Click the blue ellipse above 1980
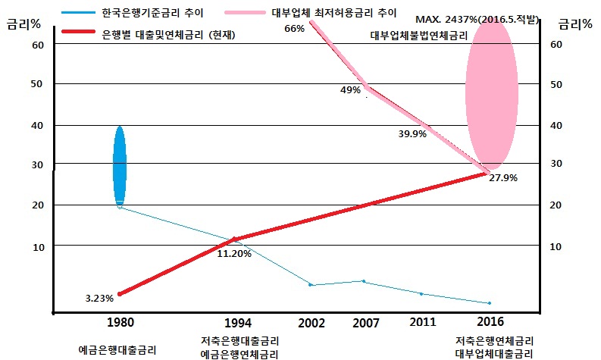(x=119, y=166)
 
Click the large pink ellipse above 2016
(x=491, y=96)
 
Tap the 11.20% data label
(x=234, y=253)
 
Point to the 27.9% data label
(x=503, y=177)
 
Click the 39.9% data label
(x=412, y=133)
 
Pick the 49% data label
(x=350, y=89)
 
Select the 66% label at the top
(x=293, y=28)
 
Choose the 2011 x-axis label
(x=423, y=322)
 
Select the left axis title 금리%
(x=21, y=24)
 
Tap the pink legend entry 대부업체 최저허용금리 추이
(x=333, y=13)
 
